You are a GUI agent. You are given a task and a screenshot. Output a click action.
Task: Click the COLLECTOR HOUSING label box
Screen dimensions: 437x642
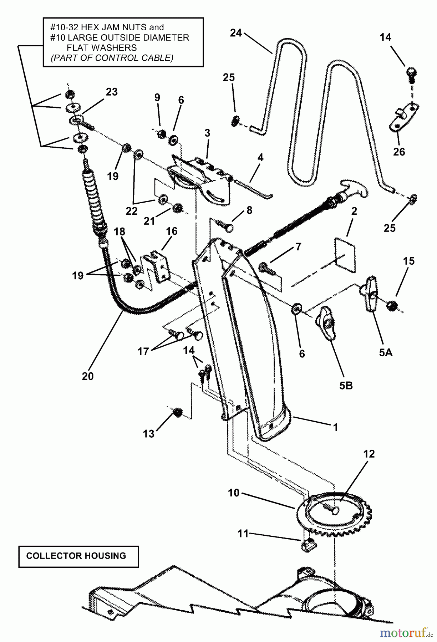(x=78, y=556)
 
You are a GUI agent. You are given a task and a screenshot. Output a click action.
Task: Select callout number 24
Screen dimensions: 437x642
(x=236, y=33)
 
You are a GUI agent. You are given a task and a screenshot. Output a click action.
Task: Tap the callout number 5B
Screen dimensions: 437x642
(x=346, y=386)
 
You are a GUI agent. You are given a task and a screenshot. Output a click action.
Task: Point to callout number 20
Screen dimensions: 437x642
(x=88, y=376)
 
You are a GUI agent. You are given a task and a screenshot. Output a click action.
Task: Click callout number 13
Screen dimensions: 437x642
(x=149, y=434)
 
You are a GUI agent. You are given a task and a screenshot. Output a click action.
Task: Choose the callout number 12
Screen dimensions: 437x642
(x=369, y=454)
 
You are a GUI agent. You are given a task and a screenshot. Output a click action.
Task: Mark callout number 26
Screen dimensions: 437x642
(x=399, y=152)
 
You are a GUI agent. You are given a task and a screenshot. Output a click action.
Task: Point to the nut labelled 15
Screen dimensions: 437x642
(x=392, y=306)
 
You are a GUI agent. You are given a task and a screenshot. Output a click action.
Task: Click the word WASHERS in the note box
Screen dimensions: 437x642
(x=102, y=47)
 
